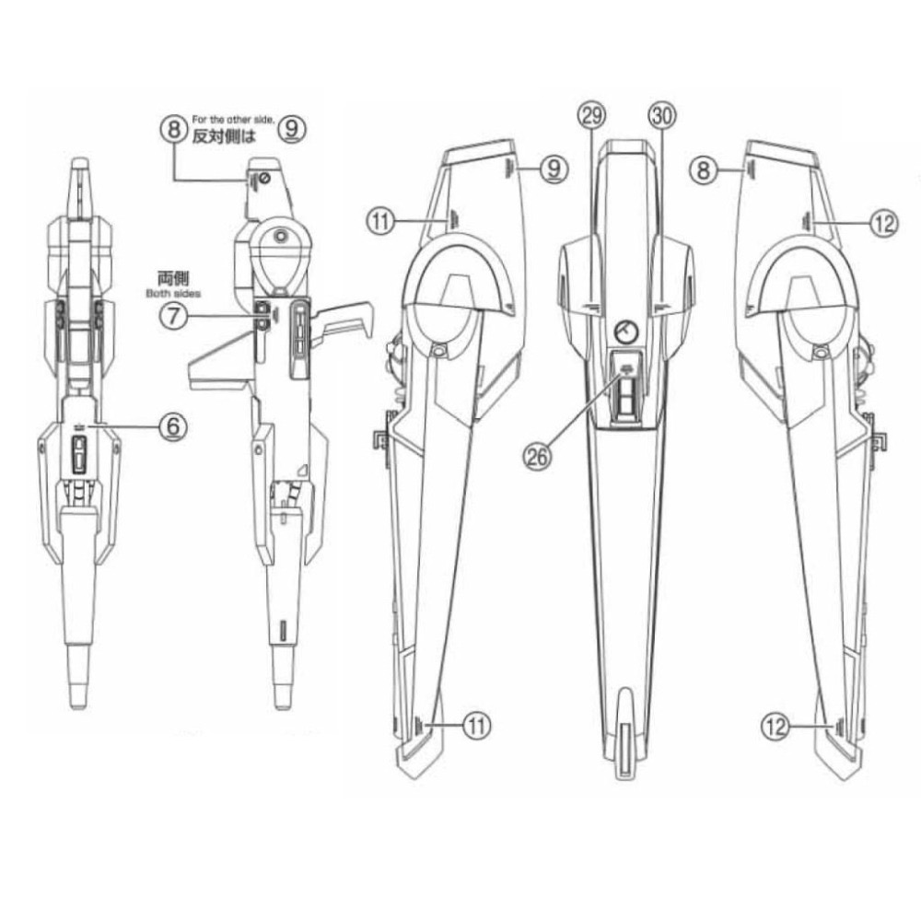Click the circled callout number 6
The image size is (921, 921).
click(173, 426)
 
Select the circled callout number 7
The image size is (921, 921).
click(173, 317)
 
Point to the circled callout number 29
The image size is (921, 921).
click(591, 116)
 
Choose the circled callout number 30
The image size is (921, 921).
click(662, 116)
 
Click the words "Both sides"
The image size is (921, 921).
click(173, 293)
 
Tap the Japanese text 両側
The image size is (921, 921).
click(173, 277)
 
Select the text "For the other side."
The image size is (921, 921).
click(233, 120)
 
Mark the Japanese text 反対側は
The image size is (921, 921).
click(225, 137)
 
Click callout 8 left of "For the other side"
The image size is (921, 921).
click(173, 129)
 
